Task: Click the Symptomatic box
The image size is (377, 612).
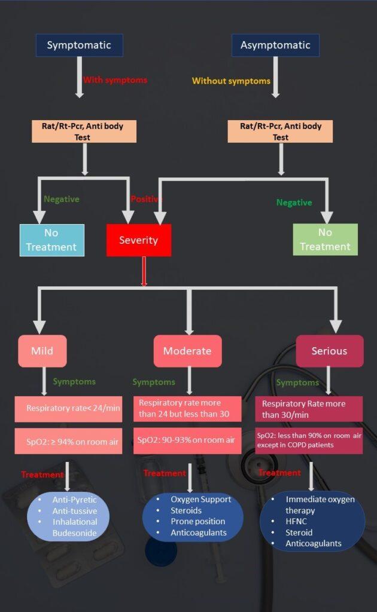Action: coord(79,45)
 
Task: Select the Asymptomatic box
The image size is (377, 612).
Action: coord(275,45)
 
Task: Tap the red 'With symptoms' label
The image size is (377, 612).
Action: coord(114,79)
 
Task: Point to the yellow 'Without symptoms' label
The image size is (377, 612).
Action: coord(231,81)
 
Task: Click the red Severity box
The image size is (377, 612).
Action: coord(138,240)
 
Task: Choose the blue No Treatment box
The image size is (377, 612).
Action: coord(51,240)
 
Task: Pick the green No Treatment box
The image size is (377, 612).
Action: coord(325,239)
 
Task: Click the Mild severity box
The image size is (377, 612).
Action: coord(42,350)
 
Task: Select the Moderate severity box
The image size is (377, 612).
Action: coord(187,350)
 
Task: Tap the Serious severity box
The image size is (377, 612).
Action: coord(329,351)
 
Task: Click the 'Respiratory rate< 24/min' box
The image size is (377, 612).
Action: coord(69,409)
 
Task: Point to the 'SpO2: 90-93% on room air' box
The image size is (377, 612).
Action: coord(187,440)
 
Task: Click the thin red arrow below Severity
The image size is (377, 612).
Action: coord(144,271)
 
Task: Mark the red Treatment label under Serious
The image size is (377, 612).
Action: coord(279,473)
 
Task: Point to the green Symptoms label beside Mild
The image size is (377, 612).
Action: coord(74,381)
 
